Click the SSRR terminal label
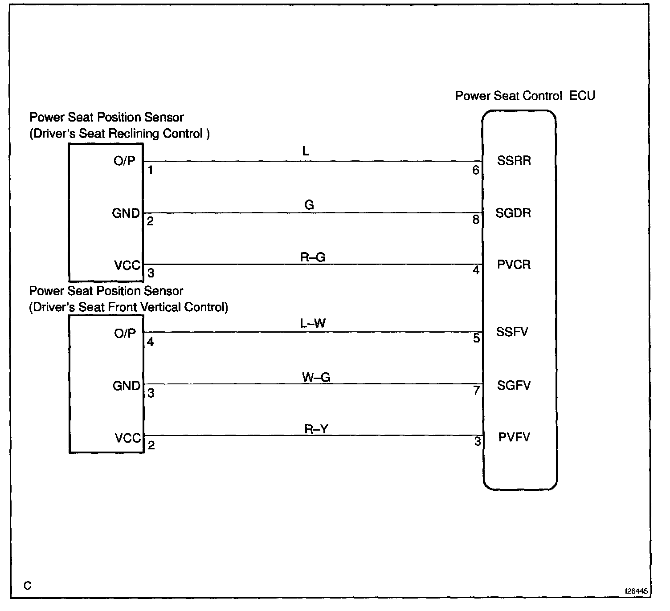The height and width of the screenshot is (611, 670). coord(514,161)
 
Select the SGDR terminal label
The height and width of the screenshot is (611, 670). coord(513,213)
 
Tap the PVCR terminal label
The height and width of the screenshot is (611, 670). coord(514,265)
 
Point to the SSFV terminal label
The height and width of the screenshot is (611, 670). coord(512,332)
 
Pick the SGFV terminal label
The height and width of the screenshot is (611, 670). coord(514,385)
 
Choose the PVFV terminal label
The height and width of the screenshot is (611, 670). coord(514,437)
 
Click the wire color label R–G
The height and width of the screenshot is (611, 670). coord(313,257)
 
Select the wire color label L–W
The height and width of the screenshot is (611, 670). coord(313,323)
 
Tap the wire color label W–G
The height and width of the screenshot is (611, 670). coord(316,377)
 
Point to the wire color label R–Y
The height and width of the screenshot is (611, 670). coord(316,429)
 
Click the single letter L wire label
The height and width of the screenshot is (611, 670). coord(306,151)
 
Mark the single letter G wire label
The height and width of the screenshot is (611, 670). coord(309,205)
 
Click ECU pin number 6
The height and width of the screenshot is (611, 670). coord(476,170)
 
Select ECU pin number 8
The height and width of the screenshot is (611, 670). coord(476,220)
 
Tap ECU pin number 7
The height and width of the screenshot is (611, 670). coord(476,391)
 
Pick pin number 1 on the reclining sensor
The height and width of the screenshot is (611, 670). coord(151,170)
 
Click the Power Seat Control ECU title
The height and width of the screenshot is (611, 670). coord(525,96)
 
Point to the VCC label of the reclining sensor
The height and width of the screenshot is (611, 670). coord(127,265)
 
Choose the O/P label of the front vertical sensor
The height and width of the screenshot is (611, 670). coord(125,333)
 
